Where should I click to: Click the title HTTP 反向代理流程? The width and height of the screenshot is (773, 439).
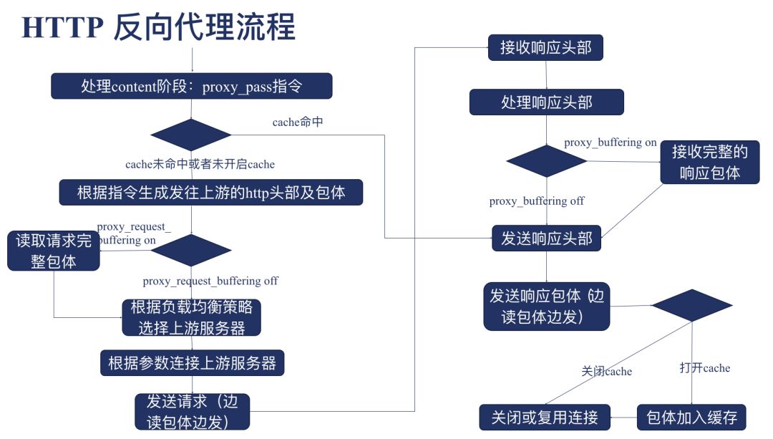point(158,27)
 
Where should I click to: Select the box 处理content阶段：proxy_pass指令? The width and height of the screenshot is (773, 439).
point(192,87)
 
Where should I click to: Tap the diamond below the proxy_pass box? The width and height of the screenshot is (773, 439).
point(191,135)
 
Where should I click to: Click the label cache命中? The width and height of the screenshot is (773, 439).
point(297,122)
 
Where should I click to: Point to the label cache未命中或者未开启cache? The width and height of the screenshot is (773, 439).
point(200,164)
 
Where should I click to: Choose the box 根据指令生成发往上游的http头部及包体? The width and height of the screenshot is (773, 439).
point(211,193)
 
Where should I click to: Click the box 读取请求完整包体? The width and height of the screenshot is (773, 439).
point(54,251)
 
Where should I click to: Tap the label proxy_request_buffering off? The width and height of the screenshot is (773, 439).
point(210,281)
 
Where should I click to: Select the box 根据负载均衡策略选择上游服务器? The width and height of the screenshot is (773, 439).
point(191,317)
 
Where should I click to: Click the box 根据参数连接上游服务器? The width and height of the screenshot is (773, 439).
point(192,362)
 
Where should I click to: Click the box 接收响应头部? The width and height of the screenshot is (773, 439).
point(546,48)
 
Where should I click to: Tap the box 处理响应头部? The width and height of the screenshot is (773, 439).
point(546,102)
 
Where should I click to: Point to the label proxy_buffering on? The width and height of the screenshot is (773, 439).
point(610,143)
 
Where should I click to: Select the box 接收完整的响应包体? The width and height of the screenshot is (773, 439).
point(709,162)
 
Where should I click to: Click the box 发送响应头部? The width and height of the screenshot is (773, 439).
point(546,238)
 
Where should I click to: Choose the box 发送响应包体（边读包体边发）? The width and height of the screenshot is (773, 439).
point(547,307)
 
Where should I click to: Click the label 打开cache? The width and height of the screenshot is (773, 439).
point(704,368)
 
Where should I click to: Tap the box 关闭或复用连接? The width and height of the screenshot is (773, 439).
point(544,417)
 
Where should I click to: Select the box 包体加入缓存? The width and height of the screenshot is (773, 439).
point(691,417)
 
